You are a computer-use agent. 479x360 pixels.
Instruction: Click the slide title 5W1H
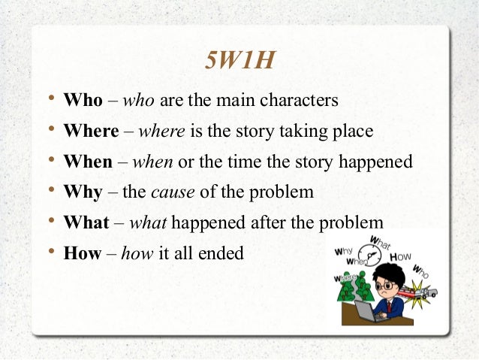239,61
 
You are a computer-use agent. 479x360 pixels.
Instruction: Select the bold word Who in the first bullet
83,100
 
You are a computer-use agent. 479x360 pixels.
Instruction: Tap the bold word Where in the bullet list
91,131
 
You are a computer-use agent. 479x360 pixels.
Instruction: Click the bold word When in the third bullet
88,162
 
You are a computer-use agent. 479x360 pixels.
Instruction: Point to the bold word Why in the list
83,192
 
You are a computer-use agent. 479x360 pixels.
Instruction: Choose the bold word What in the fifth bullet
86,223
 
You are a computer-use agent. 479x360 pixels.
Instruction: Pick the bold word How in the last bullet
83,253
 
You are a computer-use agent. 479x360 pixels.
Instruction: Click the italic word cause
173,192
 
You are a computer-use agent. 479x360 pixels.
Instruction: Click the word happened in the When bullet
375,162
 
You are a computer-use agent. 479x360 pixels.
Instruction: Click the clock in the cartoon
369,252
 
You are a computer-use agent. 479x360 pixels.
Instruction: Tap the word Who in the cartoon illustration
421,271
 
